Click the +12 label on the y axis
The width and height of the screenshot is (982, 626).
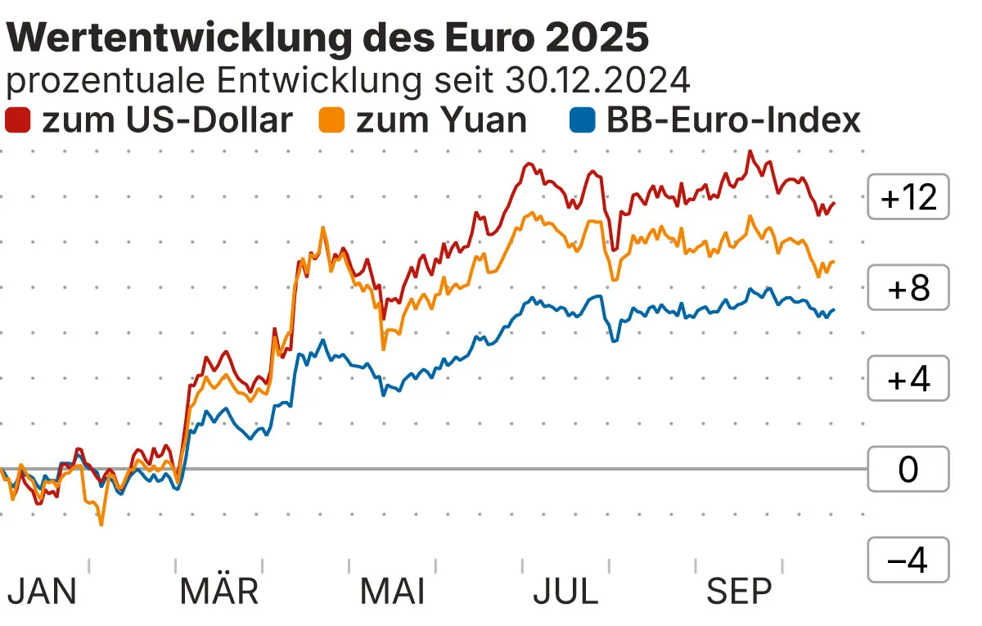point(908,197)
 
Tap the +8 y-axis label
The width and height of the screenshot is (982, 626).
point(908,288)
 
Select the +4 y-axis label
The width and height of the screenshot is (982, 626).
point(908,379)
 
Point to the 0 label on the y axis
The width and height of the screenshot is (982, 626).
point(908,470)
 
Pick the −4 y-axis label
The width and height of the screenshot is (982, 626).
point(908,561)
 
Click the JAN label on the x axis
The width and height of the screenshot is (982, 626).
point(42,592)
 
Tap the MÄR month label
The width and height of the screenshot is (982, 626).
point(219,592)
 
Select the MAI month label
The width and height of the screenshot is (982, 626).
point(393,592)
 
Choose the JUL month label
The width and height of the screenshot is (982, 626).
point(565,592)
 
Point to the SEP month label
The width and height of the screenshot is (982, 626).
point(739,592)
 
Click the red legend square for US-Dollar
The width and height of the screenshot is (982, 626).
point(18,119)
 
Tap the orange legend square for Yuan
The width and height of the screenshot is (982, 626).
point(333,119)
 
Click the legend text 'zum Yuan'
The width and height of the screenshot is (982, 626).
point(442,119)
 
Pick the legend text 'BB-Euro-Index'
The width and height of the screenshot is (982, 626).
point(733,119)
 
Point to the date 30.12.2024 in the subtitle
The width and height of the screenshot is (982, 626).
point(598,80)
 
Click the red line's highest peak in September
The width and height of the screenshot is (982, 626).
point(750,152)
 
